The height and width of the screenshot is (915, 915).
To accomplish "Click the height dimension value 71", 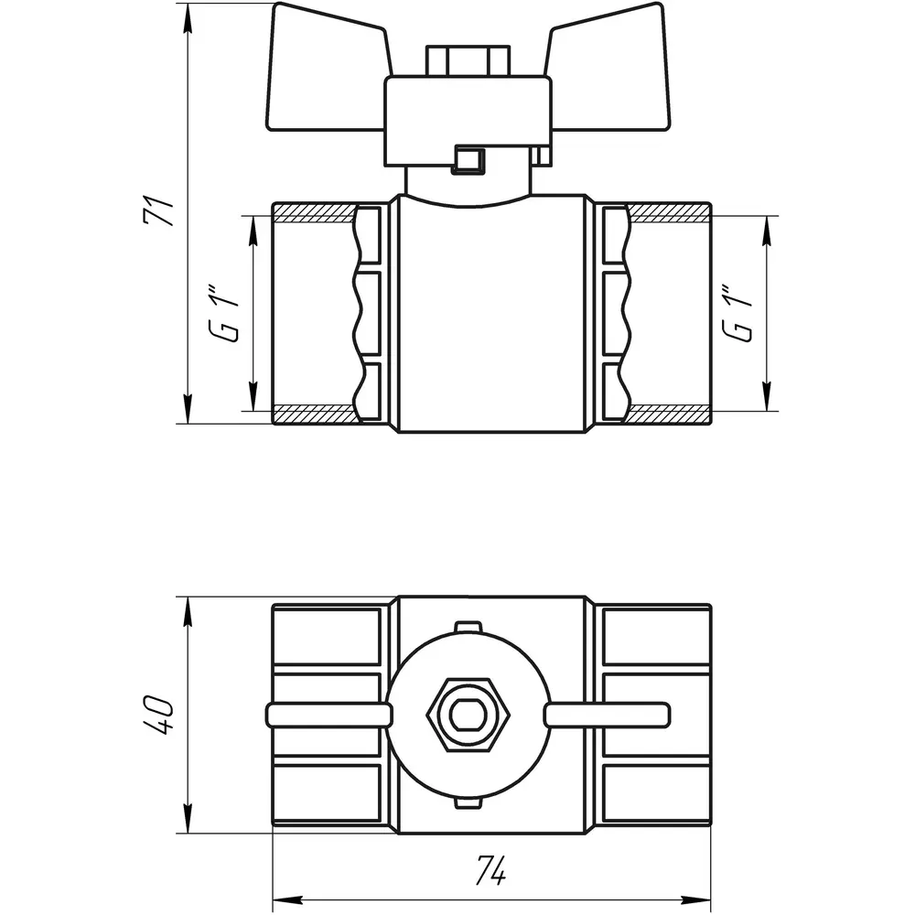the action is [x=158, y=212].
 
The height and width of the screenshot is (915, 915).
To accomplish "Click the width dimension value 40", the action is [x=158, y=715].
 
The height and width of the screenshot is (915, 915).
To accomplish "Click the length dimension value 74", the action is [x=491, y=870].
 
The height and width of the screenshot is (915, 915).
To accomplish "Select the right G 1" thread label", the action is [x=737, y=313].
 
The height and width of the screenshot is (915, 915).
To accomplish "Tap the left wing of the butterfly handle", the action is [x=327, y=70].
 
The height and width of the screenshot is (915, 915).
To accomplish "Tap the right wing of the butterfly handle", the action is [x=607, y=70].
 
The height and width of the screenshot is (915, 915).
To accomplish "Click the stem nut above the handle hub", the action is [x=468, y=60].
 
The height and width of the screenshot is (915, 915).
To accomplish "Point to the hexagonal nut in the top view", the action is [x=468, y=716].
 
